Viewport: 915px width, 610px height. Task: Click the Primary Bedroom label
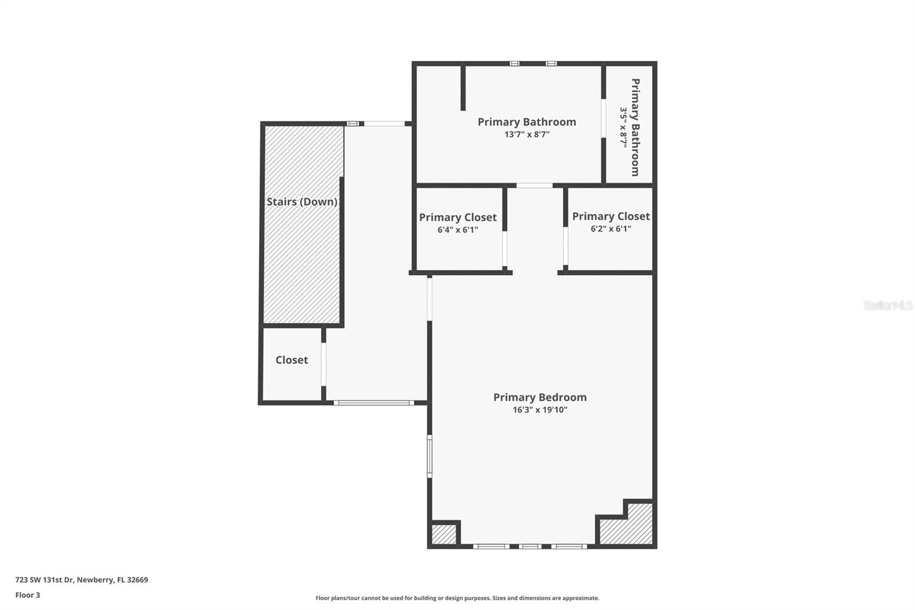coord(540,397)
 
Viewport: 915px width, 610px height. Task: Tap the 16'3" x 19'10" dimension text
coord(540,410)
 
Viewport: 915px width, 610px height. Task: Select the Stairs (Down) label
coord(301,202)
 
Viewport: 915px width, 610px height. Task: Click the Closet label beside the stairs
coord(292,360)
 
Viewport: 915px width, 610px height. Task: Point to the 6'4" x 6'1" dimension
coord(457,230)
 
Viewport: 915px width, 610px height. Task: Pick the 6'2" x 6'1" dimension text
coord(611,229)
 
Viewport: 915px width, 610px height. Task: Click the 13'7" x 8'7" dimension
coord(527,134)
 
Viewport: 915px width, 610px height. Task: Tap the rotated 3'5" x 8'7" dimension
coord(624,127)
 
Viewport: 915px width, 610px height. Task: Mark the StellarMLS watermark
coord(888,306)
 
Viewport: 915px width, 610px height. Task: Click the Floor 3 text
coord(27,595)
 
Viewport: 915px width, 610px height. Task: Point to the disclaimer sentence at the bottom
coord(457,598)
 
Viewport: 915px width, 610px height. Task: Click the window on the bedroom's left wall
coord(430,455)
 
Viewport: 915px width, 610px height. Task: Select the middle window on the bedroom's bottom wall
coord(530,546)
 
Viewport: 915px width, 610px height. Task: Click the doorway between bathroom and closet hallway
coord(534,185)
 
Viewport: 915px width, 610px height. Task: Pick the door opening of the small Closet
coord(324,364)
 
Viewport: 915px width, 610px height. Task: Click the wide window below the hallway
coord(374,403)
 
